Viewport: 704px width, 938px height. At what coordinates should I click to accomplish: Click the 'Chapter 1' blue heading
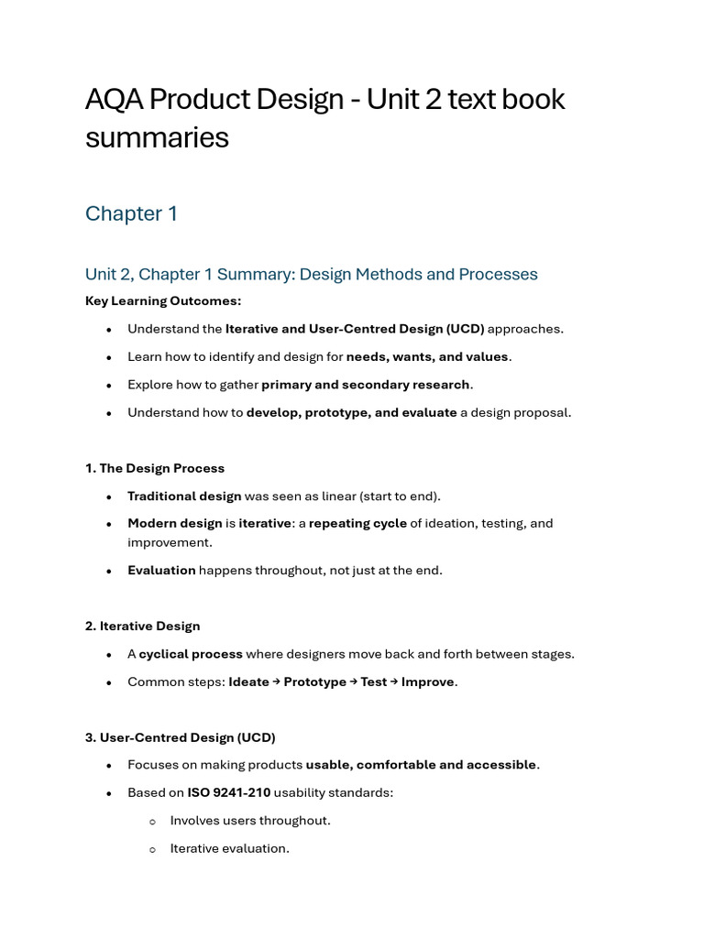131,213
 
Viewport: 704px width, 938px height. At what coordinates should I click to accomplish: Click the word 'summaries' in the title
157,137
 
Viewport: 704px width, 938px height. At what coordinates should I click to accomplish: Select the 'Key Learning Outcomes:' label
163,300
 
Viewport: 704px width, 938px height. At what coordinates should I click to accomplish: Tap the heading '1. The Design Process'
154,468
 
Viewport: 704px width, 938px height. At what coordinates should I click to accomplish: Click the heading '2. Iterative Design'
142,626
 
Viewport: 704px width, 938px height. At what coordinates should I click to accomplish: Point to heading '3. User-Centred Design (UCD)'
180,737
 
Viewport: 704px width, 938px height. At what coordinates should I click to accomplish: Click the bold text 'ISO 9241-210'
229,792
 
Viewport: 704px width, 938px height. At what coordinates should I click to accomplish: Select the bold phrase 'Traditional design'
184,496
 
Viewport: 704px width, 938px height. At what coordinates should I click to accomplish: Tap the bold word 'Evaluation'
161,570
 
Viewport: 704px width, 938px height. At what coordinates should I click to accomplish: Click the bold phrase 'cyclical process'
191,654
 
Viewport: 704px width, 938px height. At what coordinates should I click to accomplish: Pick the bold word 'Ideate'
248,682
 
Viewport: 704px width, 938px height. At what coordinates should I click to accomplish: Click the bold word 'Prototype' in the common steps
314,682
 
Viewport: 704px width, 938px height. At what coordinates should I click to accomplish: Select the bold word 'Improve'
427,682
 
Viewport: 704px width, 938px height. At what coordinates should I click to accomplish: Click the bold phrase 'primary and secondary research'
366,384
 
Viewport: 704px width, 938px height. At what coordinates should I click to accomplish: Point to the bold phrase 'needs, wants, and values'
427,356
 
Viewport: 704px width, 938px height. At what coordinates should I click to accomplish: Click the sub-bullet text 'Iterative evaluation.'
229,848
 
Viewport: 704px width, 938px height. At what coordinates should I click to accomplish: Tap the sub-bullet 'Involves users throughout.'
250,820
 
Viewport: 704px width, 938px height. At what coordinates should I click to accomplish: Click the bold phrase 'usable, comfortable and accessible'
421,765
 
